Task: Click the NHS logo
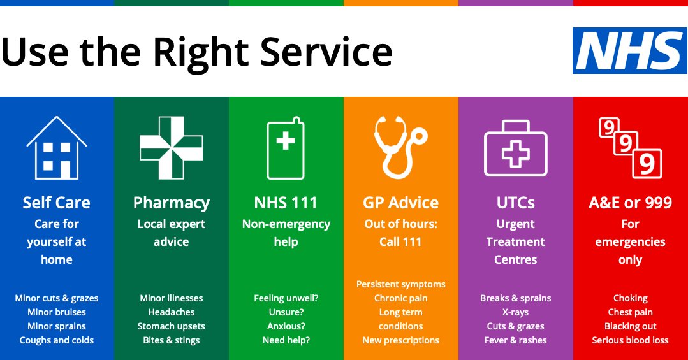[x=629, y=50]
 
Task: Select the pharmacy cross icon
[x=171, y=147]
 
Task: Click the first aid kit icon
[x=515, y=148]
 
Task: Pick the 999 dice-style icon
[x=630, y=147]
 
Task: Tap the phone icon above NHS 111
[x=286, y=147]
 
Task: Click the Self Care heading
[x=57, y=203]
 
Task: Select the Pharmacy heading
[x=171, y=203]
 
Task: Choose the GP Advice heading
[x=400, y=203]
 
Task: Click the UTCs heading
[x=515, y=203]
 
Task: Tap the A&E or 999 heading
[x=630, y=203]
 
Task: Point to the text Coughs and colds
[x=57, y=340]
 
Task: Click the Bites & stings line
[x=171, y=340]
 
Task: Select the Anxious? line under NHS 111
[x=286, y=326]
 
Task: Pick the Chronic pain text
[x=400, y=298]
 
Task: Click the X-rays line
[x=515, y=312]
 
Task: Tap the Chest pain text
[x=630, y=312]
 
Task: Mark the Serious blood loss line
[x=630, y=340]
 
